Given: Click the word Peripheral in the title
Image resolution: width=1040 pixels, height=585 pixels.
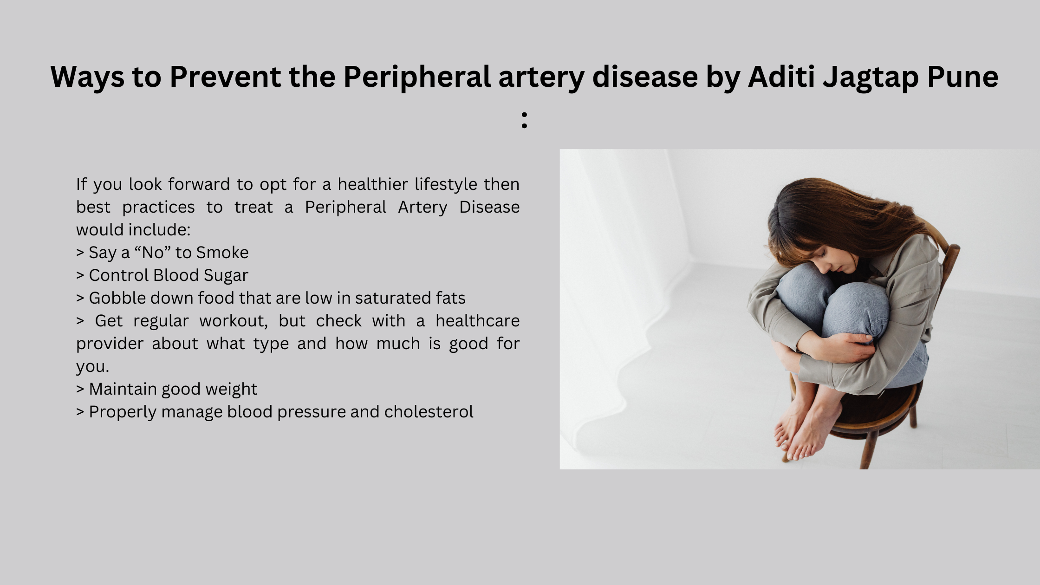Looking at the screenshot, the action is [417, 77].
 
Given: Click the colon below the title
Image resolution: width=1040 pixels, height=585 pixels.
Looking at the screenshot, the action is [524, 120].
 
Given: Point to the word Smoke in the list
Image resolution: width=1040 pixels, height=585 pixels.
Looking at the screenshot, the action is [222, 253].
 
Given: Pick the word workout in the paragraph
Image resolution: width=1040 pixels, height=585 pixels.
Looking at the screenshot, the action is [234, 321].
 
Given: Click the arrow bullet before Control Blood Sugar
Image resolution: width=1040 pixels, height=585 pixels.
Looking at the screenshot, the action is [80, 275].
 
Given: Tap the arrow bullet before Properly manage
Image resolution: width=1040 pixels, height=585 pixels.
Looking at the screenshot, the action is [80, 412].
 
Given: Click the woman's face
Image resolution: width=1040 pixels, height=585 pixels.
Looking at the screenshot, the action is [831, 260].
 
